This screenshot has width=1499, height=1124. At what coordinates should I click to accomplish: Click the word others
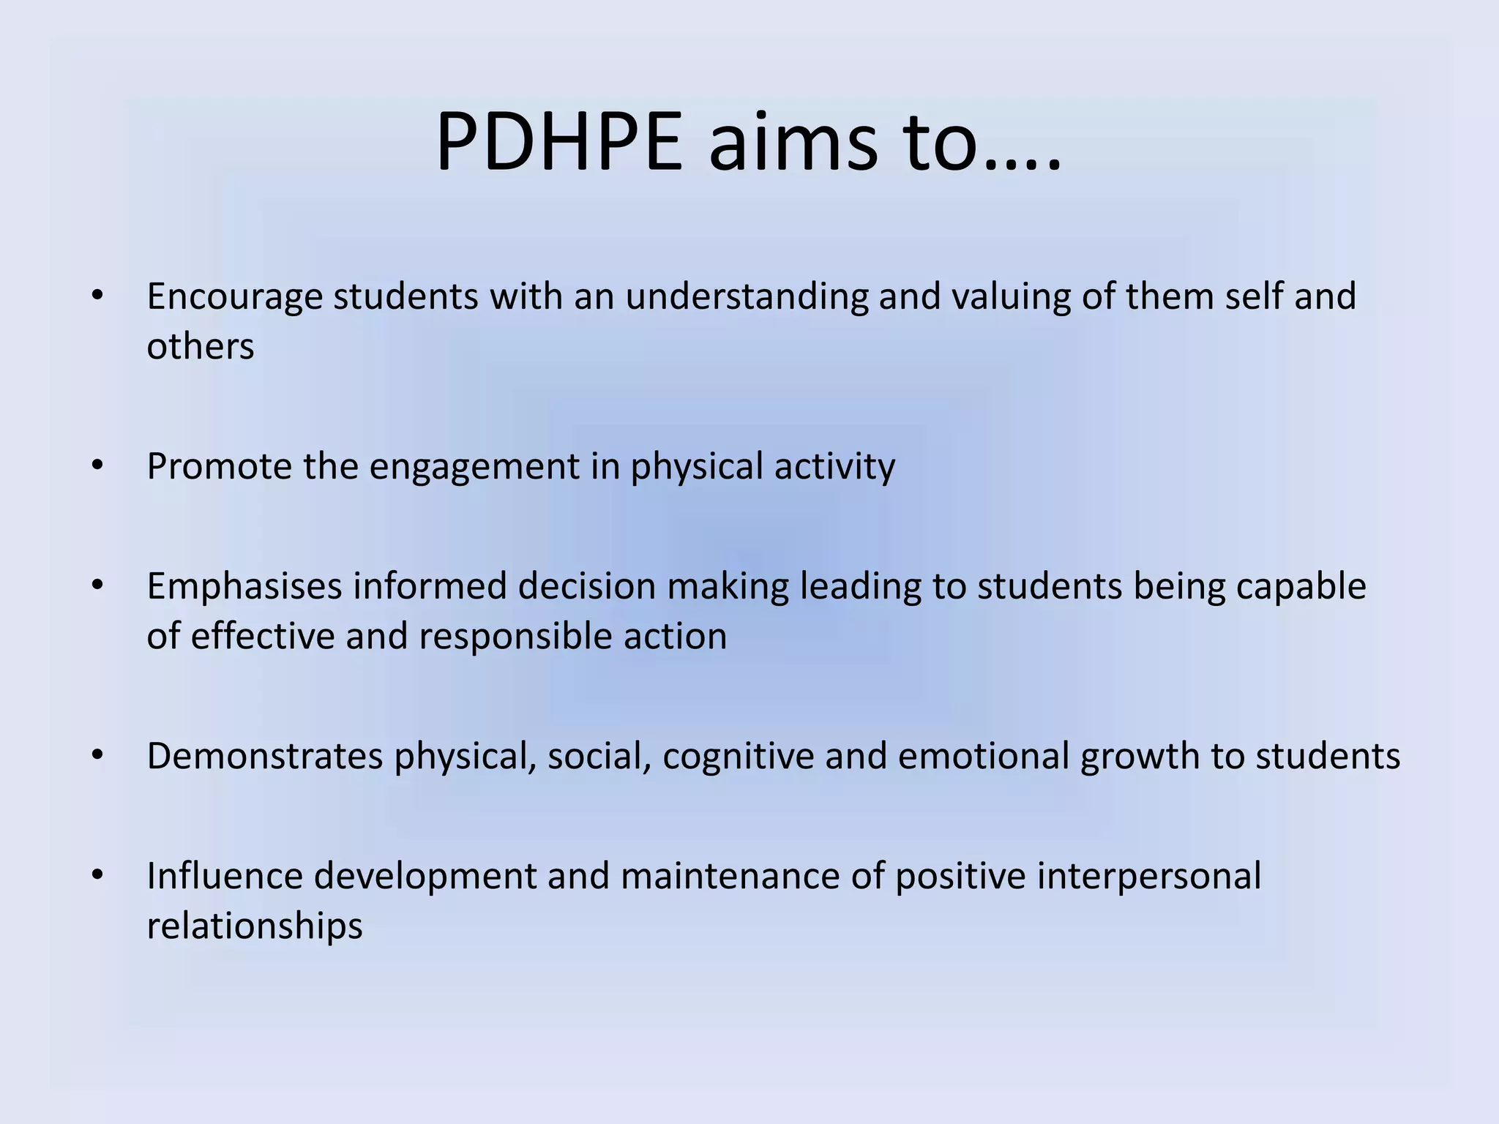pyautogui.click(x=201, y=346)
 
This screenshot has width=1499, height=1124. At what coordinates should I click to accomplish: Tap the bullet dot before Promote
pyautogui.click(x=98, y=465)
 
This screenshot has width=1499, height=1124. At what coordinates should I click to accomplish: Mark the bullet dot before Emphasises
pyautogui.click(x=98, y=585)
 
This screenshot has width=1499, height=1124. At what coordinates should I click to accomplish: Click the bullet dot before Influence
pyautogui.click(x=98, y=875)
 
